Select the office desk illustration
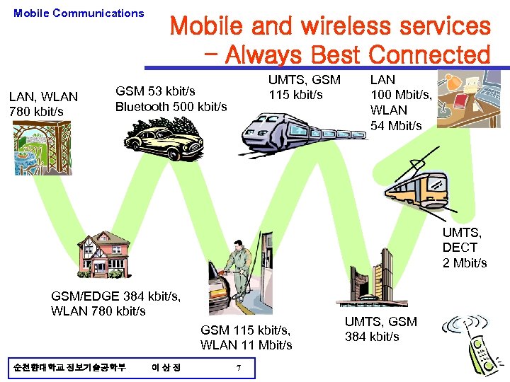(x=469, y=99)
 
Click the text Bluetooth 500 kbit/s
(x=171, y=107)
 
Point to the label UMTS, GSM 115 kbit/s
(x=304, y=87)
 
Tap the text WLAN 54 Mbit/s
(x=396, y=117)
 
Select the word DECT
(x=460, y=248)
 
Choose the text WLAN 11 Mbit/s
(x=246, y=345)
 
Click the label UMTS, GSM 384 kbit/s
(x=380, y=329)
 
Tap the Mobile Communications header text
(x=79, y=13)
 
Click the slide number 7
(x=239, y=367)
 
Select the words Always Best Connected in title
(x=358, y=54)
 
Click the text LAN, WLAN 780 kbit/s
(x=42, y=104)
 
